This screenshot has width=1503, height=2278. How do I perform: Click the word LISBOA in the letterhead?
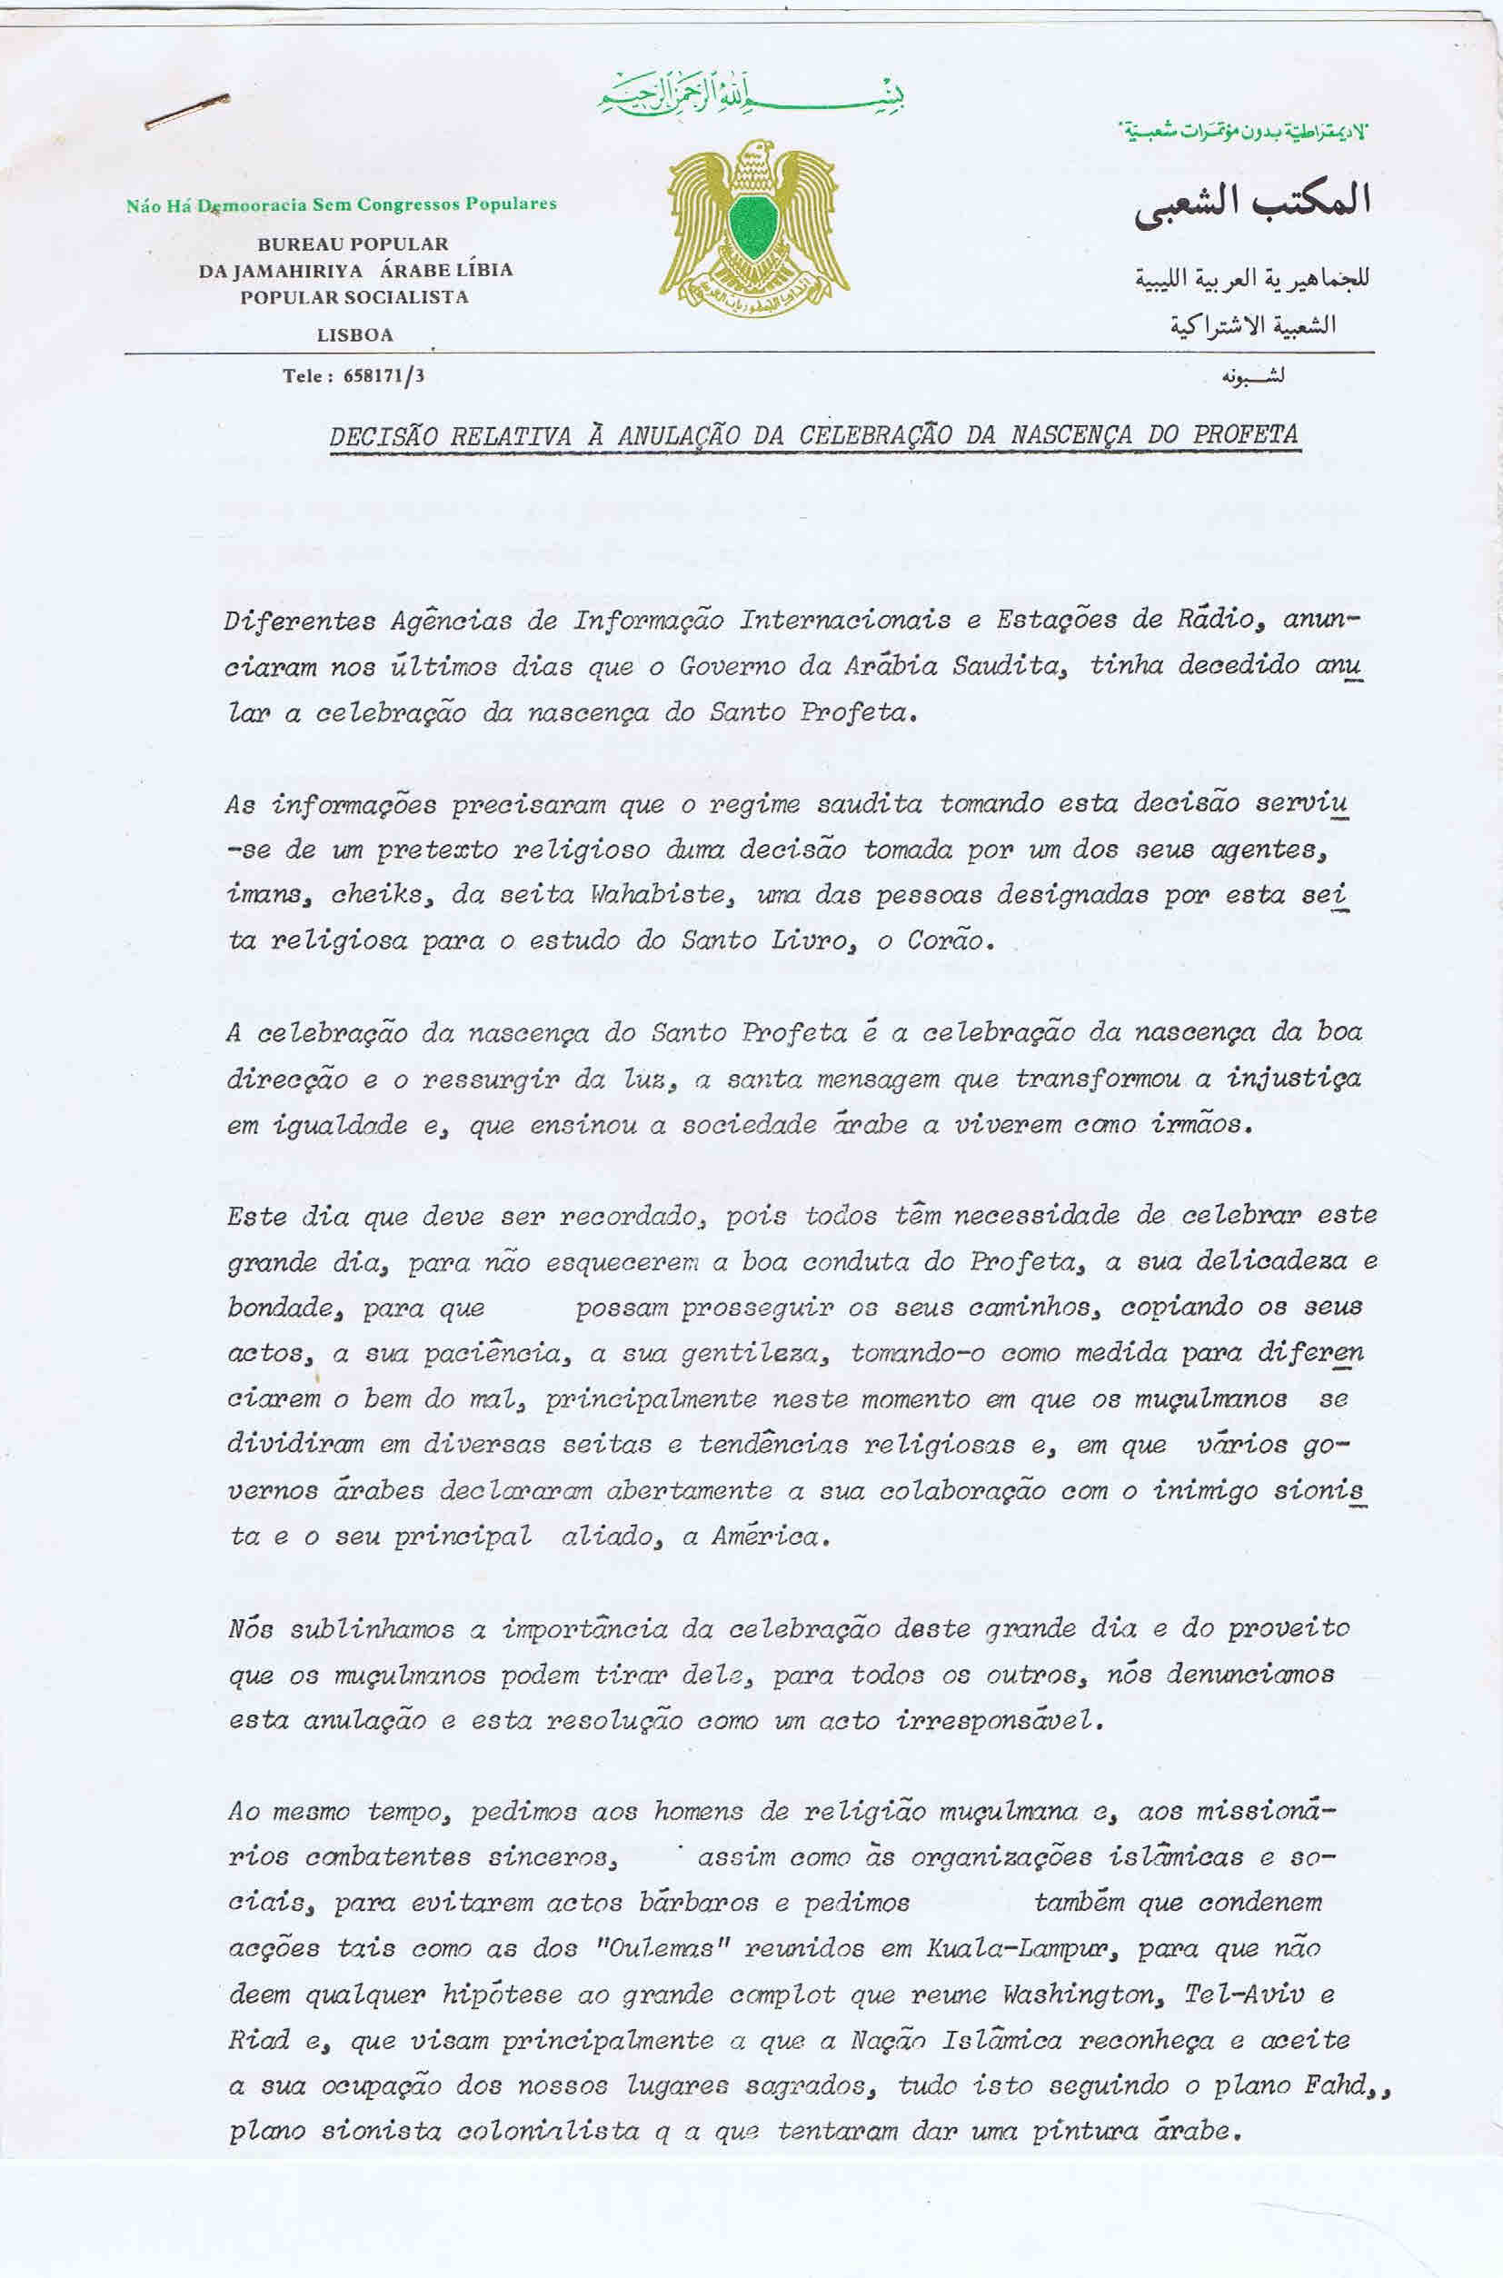coord(354,335)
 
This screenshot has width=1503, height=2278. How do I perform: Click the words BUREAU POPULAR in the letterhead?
coord(353,244)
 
